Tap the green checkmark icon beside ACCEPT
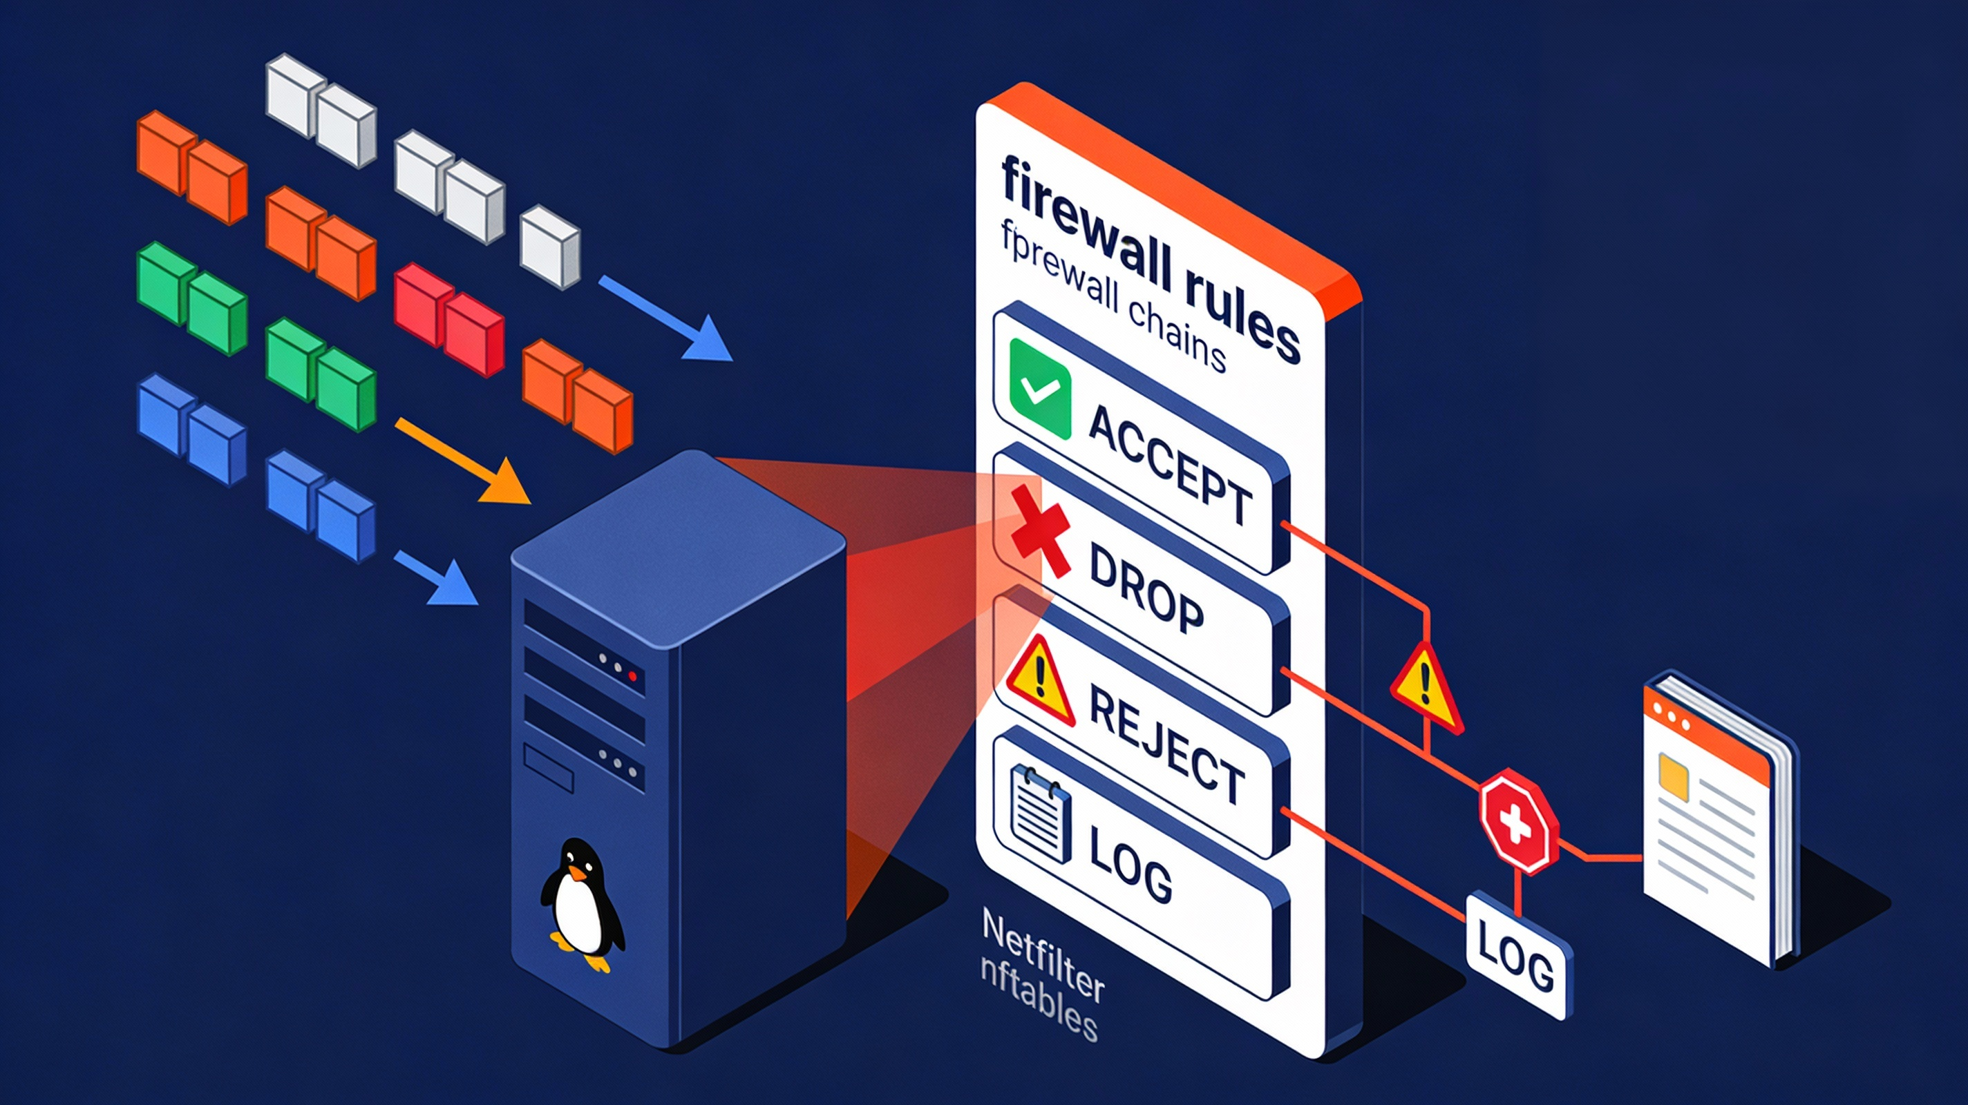click(x=1039, y=388)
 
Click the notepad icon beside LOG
click(x=1040, y=814)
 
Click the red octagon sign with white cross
click(x=1517, y=821)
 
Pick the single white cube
click(x=549, y=246)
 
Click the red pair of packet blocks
click(x=448, y=320)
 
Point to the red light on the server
click(x=632, y=676)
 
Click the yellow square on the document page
click(x=1673, y=776)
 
